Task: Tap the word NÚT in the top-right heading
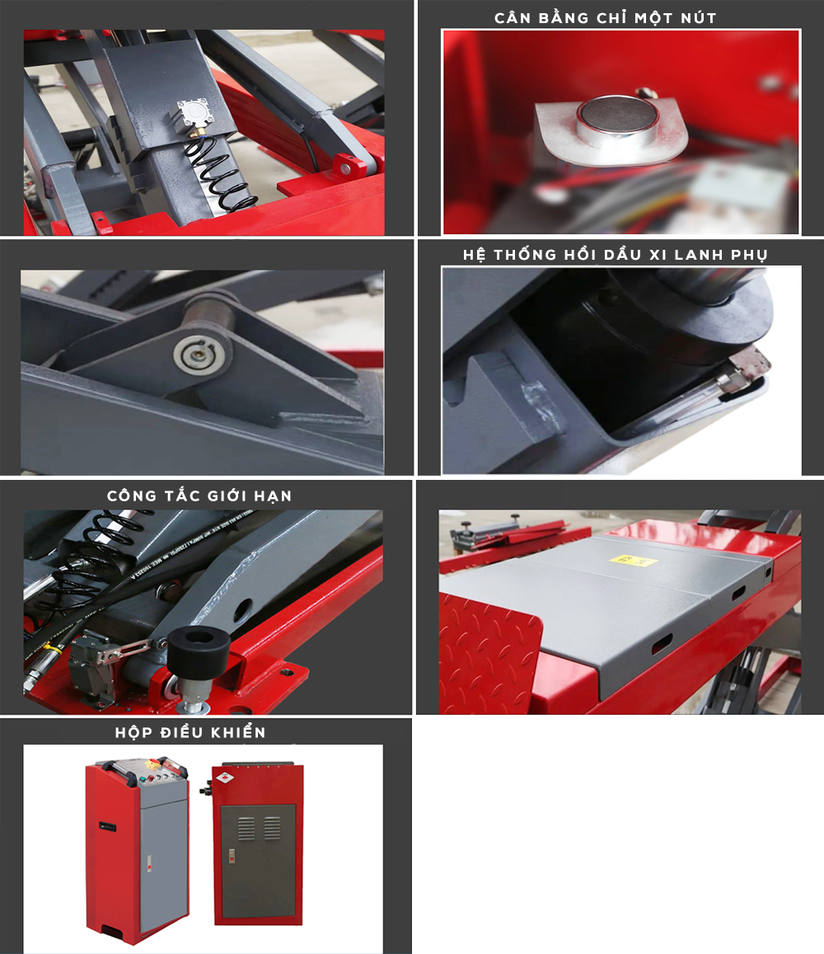click(x=699, y=17)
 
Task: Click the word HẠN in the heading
click(x=273, y=496)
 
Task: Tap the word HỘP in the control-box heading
click(x=131, y=732)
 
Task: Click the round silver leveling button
click(x=617, y=119)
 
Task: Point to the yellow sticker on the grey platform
click(x=633, y=560)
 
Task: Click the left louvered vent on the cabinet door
click(x=246, y=828)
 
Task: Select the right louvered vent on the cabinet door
click(x=272, y=828)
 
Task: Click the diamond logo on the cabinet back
click(x=225, y=778)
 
